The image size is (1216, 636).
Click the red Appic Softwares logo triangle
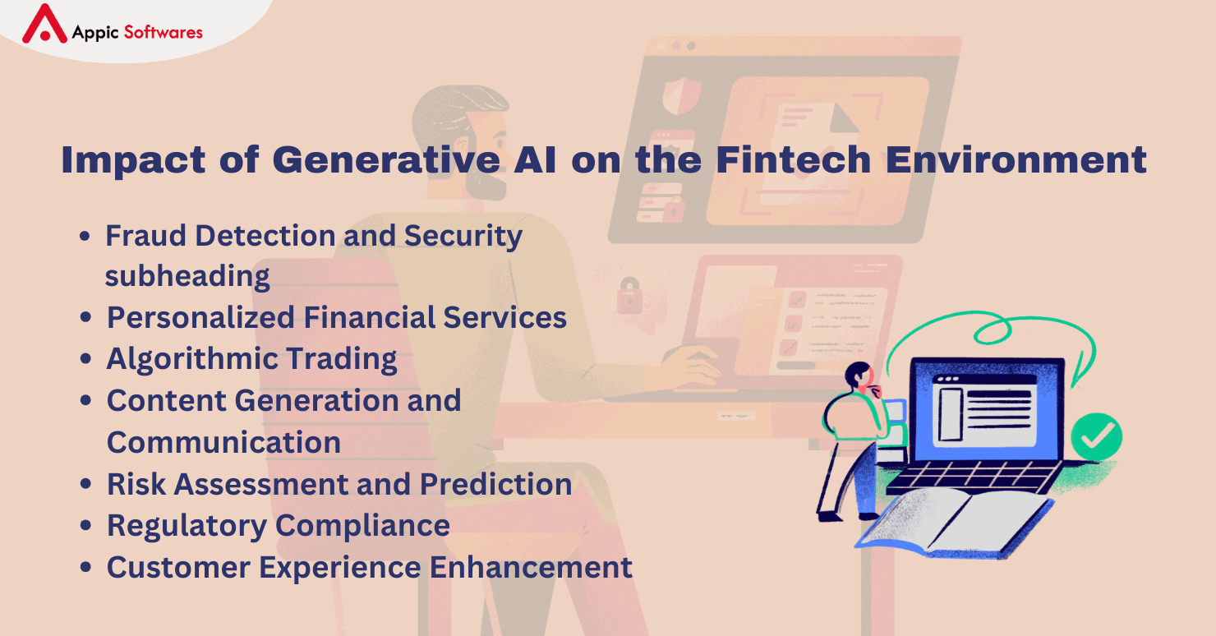[44, 24]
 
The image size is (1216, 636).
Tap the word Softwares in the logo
[164, 32]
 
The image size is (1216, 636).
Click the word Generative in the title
[386, 160]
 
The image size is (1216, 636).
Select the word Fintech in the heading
[793, 159]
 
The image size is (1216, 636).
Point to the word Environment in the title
[1016, 159]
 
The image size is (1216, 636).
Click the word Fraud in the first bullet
[146, 236]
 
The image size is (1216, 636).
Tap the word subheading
[187, 276]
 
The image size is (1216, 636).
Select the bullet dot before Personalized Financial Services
[85, 316]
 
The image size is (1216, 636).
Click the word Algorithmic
[191, 359]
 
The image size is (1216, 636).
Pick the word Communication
[223, 442]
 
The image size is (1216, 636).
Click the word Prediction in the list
[495, 484]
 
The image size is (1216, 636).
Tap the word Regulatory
[187, 526]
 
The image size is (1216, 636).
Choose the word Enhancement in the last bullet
[531, 567]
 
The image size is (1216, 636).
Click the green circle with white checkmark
[1097, 436]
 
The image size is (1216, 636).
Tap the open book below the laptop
[955, 523]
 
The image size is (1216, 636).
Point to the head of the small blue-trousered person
[859, 376]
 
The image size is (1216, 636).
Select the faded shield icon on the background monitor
[682, 95]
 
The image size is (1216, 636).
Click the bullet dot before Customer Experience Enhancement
[85, 566]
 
